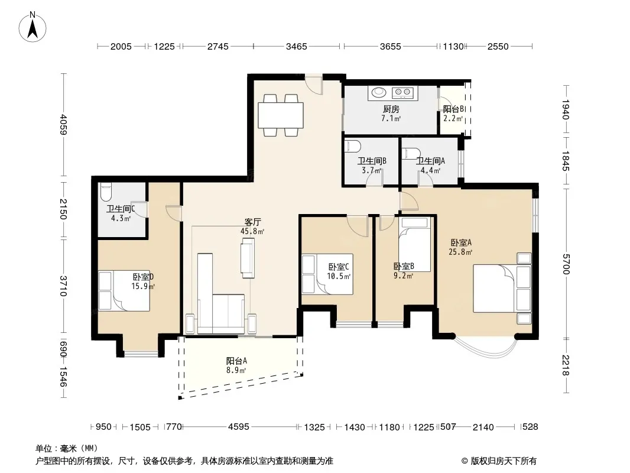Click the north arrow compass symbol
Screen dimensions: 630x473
pos(33,27)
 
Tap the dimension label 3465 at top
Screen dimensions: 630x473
pos(297,47)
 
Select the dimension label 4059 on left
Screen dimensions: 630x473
pos(63,125)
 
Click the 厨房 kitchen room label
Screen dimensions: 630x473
pos(391,109)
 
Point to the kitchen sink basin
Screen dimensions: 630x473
pos(378,93)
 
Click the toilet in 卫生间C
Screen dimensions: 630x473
pos(105,192)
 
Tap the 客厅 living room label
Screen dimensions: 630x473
pos(253,222)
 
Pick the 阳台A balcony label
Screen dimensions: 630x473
pos(236,361)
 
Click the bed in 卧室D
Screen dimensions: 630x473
pos(124,290)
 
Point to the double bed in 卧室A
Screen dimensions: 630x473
pos(502,288)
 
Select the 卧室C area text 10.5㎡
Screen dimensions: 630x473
pos(339,277)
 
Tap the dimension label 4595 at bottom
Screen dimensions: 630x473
pos(239,427)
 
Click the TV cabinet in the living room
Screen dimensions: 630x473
pos(248,258)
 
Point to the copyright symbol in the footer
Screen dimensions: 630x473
pos(465,461)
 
